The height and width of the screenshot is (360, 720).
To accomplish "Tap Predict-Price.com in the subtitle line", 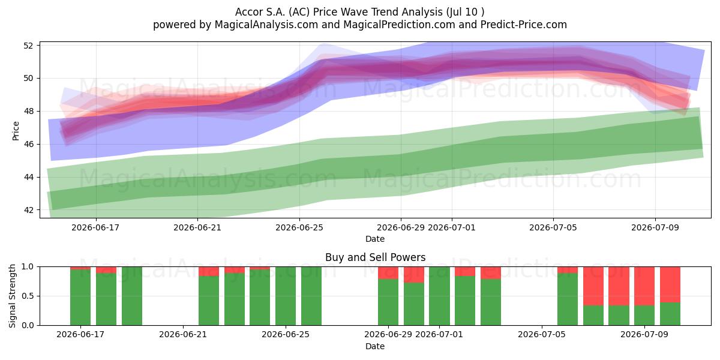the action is coord(524,25).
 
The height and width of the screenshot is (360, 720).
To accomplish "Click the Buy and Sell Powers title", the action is coord(375,257).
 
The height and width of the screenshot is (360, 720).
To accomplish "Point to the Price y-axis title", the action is coord(16,131).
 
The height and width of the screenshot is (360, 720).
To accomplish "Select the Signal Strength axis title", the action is coord(12,296).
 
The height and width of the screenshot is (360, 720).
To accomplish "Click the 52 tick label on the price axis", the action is coord(28,46).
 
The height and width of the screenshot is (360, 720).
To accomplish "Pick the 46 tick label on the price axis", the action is coord(28,145).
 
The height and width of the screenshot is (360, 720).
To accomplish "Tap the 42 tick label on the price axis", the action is coord(28,210).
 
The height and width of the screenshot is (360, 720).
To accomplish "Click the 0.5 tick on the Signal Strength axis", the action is coord(28,296).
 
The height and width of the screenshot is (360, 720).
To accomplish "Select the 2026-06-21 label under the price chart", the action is coord(197,227).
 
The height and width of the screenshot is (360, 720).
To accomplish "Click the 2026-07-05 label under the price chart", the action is coord(553,227).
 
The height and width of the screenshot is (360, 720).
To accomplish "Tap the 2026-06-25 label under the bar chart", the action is coord(286,334).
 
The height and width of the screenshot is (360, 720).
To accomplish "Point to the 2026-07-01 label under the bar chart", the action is coord(439,334).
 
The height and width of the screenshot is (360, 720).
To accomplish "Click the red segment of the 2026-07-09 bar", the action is coord(644,286).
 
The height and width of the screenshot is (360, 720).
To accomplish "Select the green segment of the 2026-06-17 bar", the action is coord(80,298).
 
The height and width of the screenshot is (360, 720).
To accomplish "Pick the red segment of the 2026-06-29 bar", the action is coord(388,273).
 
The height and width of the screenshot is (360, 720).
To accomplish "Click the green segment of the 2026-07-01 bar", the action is coord(439,296).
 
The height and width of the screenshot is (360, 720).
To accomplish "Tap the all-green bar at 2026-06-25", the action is coord(286,296).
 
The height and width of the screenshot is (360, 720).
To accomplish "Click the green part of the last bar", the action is coord(670,314).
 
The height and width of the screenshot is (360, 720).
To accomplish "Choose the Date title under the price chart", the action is coord(375,239).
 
